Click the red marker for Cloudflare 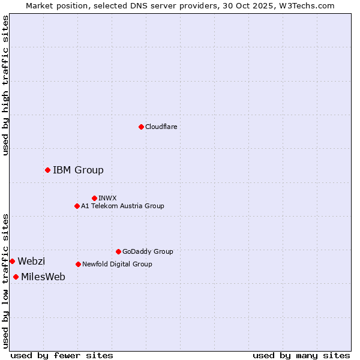coord(141,127)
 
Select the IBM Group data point coord(47,170)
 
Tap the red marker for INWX coord(94,198)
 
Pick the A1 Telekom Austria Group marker coord(77,206)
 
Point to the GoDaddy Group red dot coord(118,251)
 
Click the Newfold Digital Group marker coord(78,264)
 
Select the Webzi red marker coord(12,261)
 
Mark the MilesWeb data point coord(16,277)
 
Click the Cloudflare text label coord(161,127)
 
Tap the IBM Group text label coord(78,170)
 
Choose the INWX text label coord(107,198)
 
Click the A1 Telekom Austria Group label coord(122,206)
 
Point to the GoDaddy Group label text coord(148,251)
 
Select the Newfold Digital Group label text coord(117,264)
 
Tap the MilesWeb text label coord(43,277)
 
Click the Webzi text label coord(31,261)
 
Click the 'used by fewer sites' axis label coord(62,355)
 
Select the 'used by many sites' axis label coord(301,355)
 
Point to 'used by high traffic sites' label coord(5,85)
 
